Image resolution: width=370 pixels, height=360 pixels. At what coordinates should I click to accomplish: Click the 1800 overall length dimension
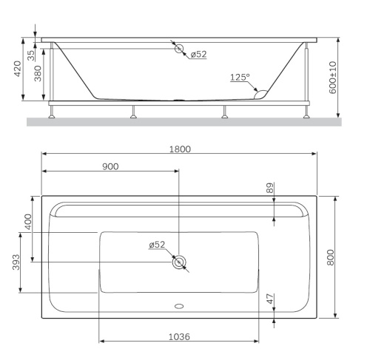point(179,149)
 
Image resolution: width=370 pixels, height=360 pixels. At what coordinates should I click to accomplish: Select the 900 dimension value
point(110,166)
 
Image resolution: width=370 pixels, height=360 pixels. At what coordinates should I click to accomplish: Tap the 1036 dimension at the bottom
point(178,336)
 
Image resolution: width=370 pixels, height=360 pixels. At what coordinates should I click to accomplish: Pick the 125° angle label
point(240,77)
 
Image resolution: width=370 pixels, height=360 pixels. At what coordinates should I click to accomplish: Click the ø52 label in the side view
point(198,55)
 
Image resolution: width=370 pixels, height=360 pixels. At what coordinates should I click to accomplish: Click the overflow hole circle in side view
point(179,49)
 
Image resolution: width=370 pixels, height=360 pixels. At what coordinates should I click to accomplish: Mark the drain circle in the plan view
point(179,262)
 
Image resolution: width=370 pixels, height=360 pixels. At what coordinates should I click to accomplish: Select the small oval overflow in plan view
point(179,304)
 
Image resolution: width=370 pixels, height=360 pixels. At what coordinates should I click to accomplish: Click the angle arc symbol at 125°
point(260,93)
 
